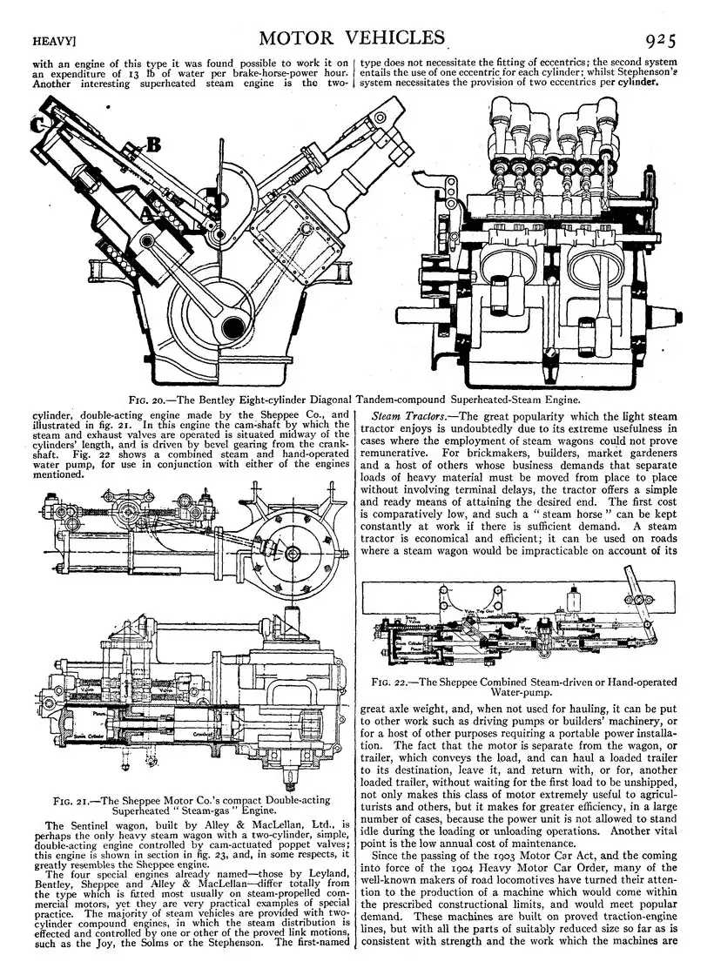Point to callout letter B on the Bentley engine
(x=152, y=145)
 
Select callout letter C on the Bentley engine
(x=38, y=124)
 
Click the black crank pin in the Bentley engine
(x=232, y=326)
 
